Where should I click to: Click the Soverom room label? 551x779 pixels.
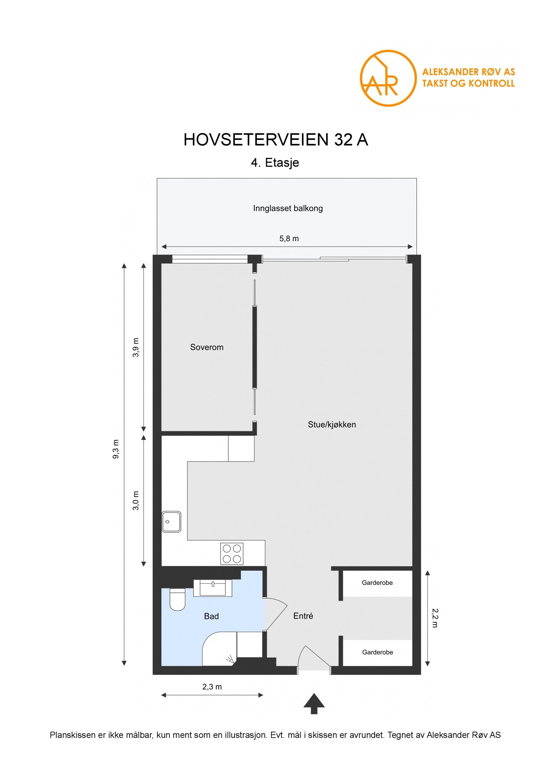207,347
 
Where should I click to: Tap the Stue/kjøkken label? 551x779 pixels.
332,424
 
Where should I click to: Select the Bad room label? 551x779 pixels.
211,616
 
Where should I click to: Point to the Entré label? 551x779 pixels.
303,616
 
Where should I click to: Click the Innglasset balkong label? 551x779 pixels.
288,208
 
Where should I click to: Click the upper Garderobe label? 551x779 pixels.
377,582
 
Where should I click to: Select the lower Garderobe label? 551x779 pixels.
377,652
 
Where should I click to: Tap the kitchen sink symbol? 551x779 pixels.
171,522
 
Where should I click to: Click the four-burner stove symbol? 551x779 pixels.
232,554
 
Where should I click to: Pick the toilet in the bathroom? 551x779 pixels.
177,599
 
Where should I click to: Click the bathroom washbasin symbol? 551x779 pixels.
212,588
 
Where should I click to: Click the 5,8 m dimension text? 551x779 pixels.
289,239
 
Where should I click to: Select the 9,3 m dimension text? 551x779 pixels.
116,449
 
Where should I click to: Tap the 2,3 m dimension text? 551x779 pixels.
212,687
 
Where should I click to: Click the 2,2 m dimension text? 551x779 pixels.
435,618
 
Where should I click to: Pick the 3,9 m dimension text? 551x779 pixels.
136,347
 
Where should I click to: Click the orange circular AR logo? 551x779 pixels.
388,78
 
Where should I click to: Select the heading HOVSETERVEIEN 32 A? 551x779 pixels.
276,140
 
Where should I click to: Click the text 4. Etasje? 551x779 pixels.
275,162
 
